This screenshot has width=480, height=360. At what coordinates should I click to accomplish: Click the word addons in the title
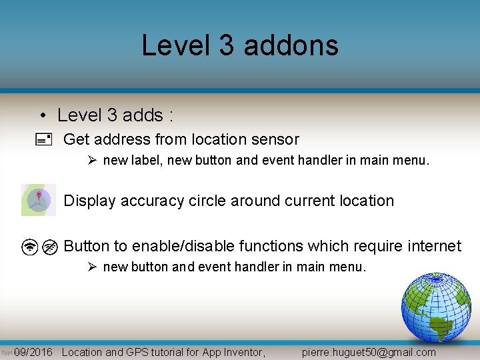[291, 45]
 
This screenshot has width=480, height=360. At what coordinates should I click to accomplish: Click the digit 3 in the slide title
[226, 45]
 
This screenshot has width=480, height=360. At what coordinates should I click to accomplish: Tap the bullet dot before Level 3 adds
[42, 115]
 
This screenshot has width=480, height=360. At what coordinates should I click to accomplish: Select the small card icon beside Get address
[43, 140]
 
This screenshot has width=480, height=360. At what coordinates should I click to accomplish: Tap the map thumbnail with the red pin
[39, 200]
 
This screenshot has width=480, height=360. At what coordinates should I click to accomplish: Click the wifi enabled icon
[29, 247]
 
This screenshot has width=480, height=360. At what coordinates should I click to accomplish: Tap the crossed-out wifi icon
[50, 247]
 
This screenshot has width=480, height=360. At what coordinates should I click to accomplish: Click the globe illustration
[436, 307]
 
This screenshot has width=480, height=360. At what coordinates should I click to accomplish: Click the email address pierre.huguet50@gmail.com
[369, 352]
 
